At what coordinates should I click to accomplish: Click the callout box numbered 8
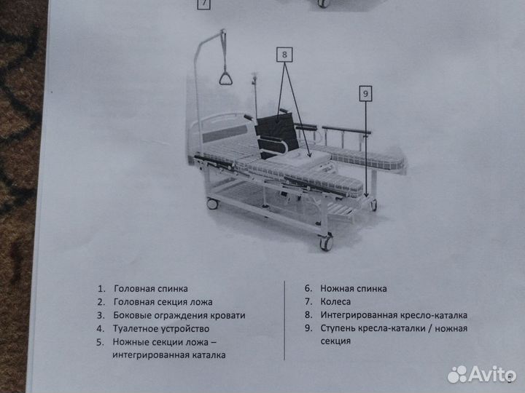pyautogui.click(x=284, y=53)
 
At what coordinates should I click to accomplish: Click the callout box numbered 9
pyautogui.click(x=366, y=92)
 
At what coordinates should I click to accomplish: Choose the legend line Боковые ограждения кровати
pyautogui.click(x=179, y=315)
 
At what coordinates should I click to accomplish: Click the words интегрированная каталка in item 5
pyautogui.click(x=168, y=354)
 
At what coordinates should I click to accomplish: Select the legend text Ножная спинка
pyautogui.click(x=353, y=289)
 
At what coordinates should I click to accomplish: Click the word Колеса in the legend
pyautogui.click(x=335, y=302)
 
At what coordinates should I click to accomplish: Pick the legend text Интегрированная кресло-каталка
pyautogui.click(x=393, y=315)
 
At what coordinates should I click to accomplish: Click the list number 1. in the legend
pyautogui.click(x=101, y=289)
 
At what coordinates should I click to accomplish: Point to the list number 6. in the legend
pyautogui.click(x=308, y=289)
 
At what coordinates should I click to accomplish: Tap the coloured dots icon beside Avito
pyautogui.click(x=458, y=373)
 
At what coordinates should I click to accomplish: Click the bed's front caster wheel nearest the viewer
pyautogui.click(x=326, y=244)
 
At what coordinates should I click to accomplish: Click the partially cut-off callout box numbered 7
pyautogui.click(x=203, y=4)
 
